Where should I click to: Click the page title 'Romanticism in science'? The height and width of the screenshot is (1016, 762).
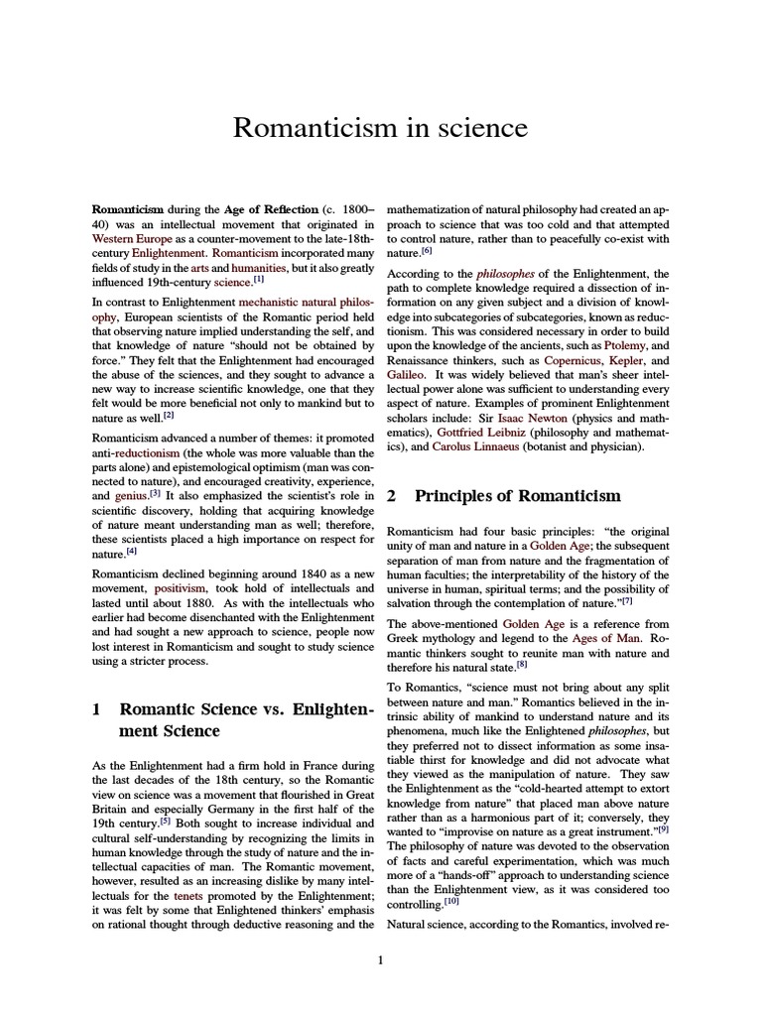380,128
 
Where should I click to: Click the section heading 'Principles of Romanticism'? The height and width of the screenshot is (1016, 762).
518,495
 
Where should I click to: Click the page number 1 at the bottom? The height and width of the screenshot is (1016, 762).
381,960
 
